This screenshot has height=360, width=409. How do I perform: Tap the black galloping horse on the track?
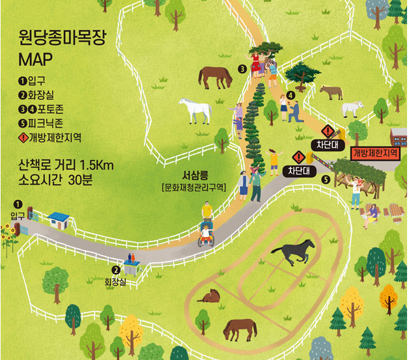point(293,251)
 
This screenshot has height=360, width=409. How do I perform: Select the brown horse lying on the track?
point(210,296)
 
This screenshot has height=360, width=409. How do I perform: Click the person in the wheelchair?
point(206,232)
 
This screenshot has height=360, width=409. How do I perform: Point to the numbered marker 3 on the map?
point(241,69)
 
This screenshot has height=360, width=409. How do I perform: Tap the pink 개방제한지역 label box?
point(376,153)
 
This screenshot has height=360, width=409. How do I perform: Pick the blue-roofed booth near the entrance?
point(59,219)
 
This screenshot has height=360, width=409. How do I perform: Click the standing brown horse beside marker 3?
point(215,77)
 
